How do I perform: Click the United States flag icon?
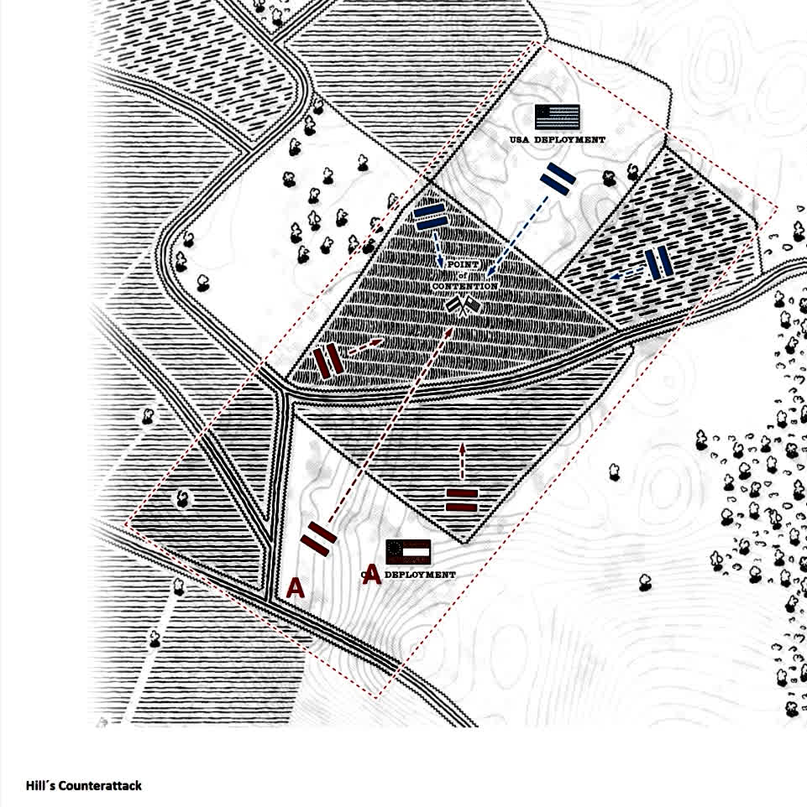557,116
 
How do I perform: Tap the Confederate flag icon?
408,552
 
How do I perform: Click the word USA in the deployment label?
520,139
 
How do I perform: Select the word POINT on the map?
463,265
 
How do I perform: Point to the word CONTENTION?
465,286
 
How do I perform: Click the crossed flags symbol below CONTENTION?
464,307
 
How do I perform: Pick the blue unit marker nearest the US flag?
557,177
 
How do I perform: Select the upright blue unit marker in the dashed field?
659,263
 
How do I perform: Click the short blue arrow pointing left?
626,273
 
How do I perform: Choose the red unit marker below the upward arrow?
461,499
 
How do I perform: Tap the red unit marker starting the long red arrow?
318,538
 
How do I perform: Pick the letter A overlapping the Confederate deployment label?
372,576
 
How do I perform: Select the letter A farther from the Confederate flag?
295,588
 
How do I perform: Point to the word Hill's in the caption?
40,786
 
